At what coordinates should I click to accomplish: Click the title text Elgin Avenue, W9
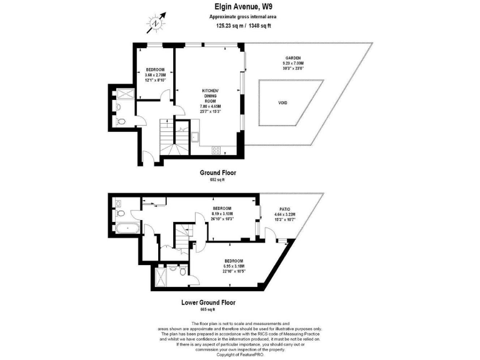point(240,7)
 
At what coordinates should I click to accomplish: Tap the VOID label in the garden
point(283,103)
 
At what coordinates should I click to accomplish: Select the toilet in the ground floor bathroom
point(122,121)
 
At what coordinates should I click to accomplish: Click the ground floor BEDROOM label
point(155,69)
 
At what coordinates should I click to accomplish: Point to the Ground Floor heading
point(217,172)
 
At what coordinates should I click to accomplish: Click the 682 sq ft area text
point(217,180)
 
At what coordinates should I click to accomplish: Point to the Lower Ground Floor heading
point(209,302)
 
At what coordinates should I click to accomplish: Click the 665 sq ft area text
point(207,310)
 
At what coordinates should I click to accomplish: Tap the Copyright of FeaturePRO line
point(240,354)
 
